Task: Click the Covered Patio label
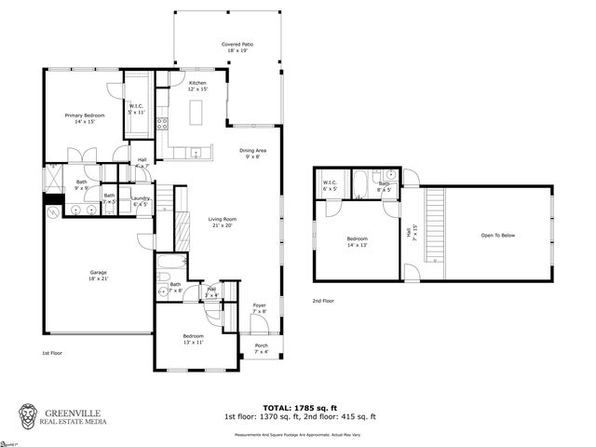(x=237, y=47)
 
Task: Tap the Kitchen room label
(x=197, y=87)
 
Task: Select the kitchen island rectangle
(x=197, y=112)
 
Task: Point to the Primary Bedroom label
(x=84, y=118)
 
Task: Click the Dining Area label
(x=253, y=154)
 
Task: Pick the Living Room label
(x=222, y=221)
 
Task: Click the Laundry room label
(x=141, y=199)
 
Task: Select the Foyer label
(x=259, y=308)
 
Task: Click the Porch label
(x=262, y=348)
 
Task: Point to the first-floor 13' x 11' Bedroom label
(x=193, y=338)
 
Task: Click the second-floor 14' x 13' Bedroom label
(x=357, y=242)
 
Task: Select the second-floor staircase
(x=435, y=223)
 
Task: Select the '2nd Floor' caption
(x=323, y=301)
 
